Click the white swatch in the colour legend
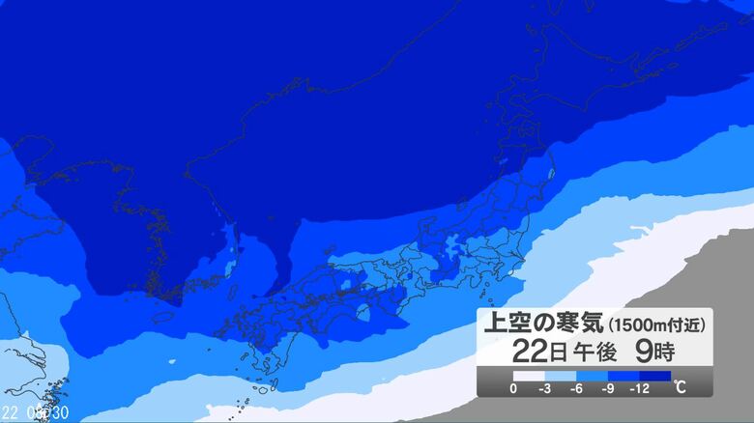tap(529, 376)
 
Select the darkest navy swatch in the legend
tap(655, 376)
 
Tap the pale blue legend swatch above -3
tap(561, 376)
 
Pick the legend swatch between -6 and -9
tap(593, 376)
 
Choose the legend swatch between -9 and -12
tap(623, 376)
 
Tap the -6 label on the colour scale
tap(577, 388)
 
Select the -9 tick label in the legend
tap(608, 388)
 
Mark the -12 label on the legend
tap(641, 388)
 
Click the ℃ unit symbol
tap(681, 388)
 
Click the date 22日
tap(527, 350)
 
